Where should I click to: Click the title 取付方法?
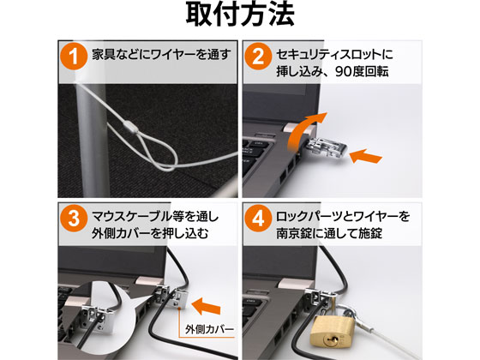pyautogui.click(x=240, y=15)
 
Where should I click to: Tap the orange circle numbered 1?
pyautogui.click(x=74, y=57)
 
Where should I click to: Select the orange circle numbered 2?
pyautogui.click(x=258, y=57)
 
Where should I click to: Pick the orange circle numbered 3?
pyautogui.click(x=74, y=219)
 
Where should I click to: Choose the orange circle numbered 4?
pyautogui.click(x=258, y=219)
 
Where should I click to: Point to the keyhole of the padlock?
pyautogui.click(x=329, y=339)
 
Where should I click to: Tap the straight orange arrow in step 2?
pyautogui.click(x=365, y=156)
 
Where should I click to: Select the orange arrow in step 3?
pyautogui.click(x=206, y=306)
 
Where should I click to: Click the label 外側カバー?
pyautogui.click(x=210, y=329)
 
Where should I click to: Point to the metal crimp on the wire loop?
pyautogui.click(x=130, y=126)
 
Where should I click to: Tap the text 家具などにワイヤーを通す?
pyautogui.click(x=162, y=55)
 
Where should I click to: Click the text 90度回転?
pyautogui.click(x=362, y=72)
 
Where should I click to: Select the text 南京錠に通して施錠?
pyautogui.click(x=329, y=233)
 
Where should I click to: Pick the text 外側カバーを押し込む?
pyautogui.click(x=150, y=233)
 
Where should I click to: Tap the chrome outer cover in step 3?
pyautogui.click(x=180, y=298)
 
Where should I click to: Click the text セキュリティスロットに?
pyautogui.click(x=334, y=55)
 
